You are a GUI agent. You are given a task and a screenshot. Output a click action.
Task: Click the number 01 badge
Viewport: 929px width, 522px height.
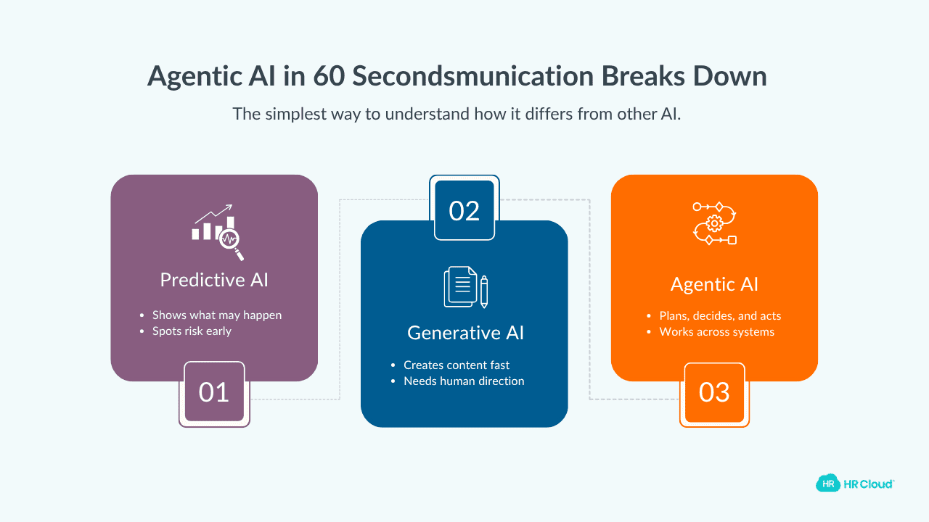[x=214, y=392]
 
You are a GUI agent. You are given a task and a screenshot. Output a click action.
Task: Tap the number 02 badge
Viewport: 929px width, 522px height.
[x=464, y=210]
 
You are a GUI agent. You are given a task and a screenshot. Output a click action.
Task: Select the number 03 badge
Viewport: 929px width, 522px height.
[x=714, y=392]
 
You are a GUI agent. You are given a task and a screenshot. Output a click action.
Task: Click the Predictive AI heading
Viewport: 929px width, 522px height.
[x=214, y=280]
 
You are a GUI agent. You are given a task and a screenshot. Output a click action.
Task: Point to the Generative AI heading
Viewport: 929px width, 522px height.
[x=465, y=333]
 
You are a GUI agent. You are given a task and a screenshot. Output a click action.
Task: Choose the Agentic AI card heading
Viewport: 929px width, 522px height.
[x=714, y=284]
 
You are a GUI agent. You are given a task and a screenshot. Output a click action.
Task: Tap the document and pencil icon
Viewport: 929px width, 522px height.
[x=465, y=288]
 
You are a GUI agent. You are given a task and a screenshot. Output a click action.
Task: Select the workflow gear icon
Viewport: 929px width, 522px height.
[x=715, y=223]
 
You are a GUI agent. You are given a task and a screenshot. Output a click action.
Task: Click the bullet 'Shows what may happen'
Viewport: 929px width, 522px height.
[x=216, y=315]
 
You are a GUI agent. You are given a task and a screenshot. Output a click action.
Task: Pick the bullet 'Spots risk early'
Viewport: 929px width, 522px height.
[x=192, y=331]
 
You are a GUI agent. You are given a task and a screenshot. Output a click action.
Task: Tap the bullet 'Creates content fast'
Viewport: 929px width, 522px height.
[x=457, y=365]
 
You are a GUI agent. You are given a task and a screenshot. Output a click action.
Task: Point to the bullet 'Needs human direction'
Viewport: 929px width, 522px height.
[x=464, y=381]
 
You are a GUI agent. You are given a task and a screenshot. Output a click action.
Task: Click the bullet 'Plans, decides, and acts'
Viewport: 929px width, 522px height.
[x=720, y=316]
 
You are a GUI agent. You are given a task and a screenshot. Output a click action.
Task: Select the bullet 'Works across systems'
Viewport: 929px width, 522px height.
[x=716, y=332]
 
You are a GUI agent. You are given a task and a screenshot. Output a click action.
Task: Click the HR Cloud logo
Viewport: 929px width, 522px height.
[x=855, y=483]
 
